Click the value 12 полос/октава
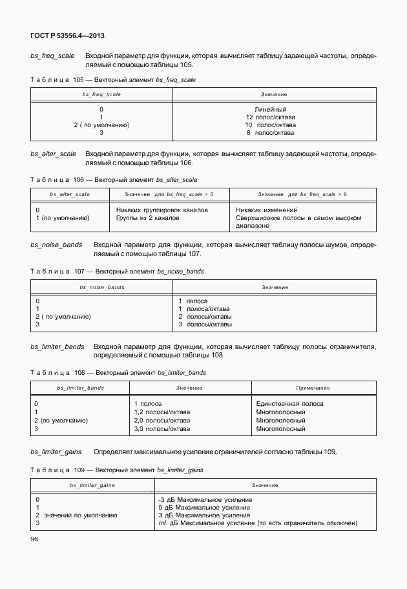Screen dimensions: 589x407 pos(271,117)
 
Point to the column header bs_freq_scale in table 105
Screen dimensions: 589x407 pos(101,94)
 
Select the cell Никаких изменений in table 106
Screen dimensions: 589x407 pos(266,210)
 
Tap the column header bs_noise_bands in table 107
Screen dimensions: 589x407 pos(102,286)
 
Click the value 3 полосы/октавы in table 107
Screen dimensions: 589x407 pos(205,324)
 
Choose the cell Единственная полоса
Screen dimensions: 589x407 pos(289,403)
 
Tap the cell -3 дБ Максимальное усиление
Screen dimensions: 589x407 pos(205,499)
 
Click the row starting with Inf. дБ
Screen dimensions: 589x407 pos(257,523)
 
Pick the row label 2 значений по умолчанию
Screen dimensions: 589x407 pos(76,515)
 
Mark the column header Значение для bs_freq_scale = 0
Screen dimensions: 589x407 pos(167,194)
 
